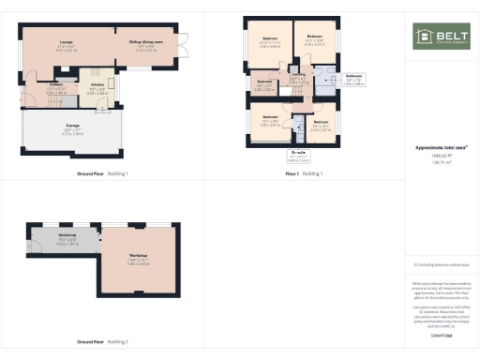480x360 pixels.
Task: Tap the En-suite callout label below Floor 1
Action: pyautogui.click(x=299, y=152)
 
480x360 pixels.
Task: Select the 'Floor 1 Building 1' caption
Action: pyautogui.click(x=304, y=174)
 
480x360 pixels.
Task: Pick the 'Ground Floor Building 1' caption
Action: pyautogui.click(x=103, y=174)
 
